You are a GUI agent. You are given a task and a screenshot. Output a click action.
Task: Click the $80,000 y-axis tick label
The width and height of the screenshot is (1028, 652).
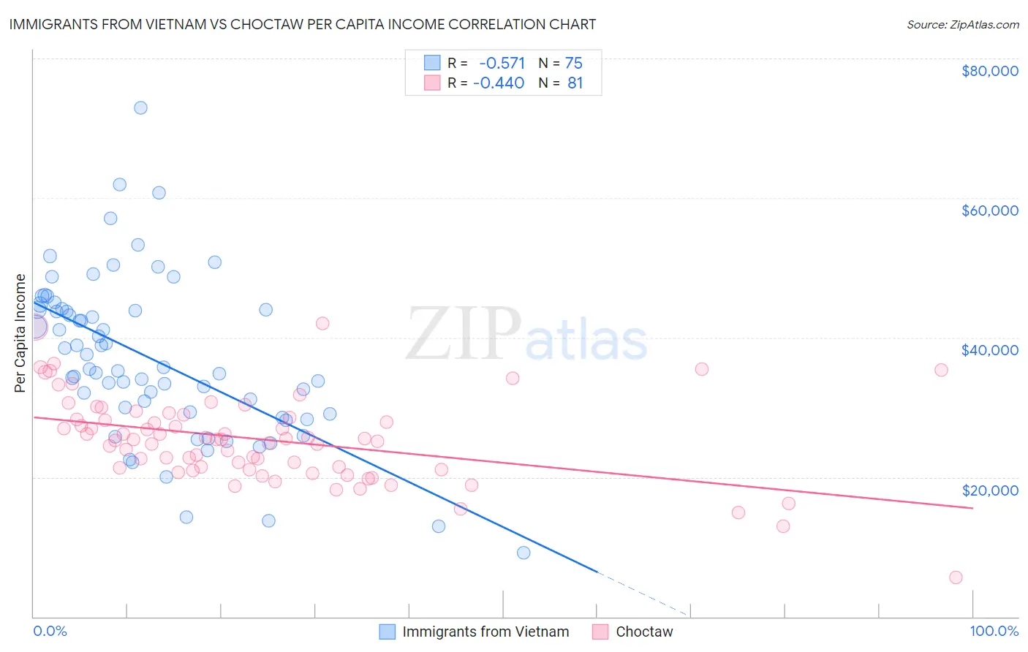[x=989, y=71]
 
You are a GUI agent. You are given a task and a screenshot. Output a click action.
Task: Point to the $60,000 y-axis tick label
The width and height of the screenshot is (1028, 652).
[x=989, y=211]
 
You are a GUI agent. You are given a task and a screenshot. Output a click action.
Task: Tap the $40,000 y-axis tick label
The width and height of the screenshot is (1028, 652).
[x=989, y=350]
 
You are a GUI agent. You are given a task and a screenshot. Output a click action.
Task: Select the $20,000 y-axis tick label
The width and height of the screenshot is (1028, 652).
[x=989, y=490]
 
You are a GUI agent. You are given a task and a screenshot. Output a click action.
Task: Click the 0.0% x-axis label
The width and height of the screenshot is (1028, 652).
[x=50, y=631]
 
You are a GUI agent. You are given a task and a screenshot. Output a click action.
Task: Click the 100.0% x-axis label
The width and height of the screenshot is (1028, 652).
[x=994, y=631]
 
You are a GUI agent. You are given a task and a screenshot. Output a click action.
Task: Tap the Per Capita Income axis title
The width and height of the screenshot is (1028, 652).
[x=20, y=333]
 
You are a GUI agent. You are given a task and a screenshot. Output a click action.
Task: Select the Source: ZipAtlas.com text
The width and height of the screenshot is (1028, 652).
[x=962, y=25]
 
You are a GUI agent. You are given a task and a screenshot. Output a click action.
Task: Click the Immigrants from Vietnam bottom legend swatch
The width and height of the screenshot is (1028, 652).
[x=387, y=632]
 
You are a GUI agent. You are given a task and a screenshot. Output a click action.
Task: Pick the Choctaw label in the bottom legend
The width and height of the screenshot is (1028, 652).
[x=643, y=632]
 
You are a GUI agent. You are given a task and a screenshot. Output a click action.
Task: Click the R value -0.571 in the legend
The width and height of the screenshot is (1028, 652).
[x=502, y=63]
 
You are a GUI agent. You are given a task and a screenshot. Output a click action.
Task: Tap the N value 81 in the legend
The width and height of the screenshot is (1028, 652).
[x=575, y=83]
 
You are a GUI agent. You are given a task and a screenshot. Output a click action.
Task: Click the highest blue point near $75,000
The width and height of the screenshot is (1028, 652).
[x=140, y=107]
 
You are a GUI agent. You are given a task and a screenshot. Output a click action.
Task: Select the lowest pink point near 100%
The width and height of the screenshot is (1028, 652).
[x=956, y=577]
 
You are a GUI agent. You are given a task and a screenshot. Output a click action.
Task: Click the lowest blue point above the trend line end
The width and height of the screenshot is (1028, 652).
[x=524, y=553]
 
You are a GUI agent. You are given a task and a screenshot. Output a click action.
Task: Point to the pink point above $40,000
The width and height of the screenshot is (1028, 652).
[x=322, y=323]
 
